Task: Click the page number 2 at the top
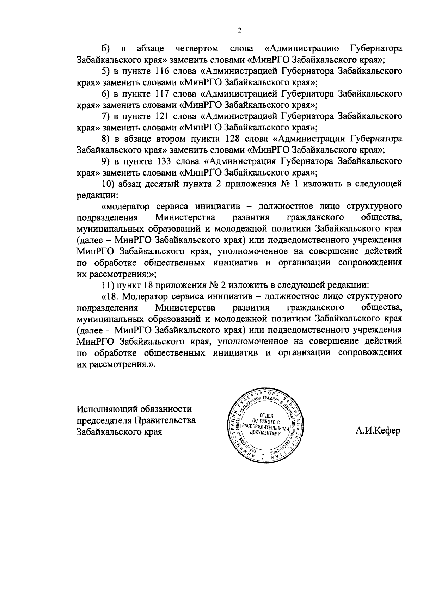(x=239, y=31)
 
